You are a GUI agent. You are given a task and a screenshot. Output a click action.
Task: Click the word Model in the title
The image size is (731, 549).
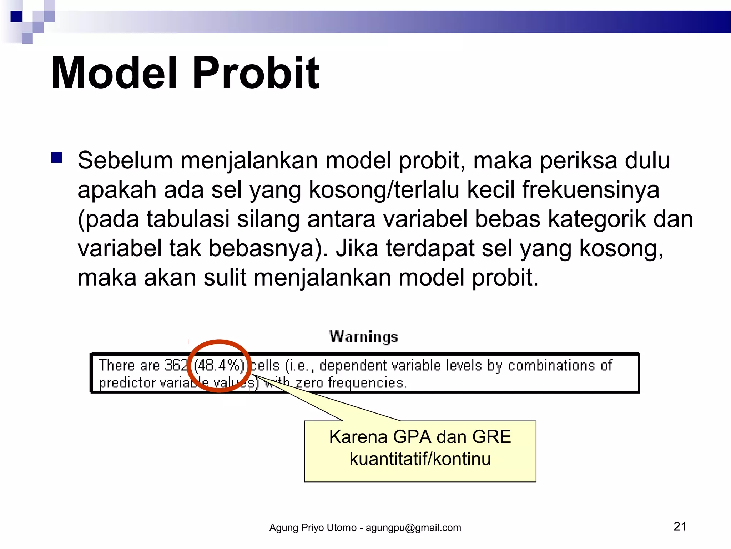click(114, 73)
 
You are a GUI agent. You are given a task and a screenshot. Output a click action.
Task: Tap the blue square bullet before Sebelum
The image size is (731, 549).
click(57, 158)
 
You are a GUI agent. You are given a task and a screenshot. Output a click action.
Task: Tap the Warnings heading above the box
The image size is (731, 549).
click(363, 337)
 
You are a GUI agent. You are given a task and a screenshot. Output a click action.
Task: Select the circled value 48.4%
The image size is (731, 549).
click(219, 365)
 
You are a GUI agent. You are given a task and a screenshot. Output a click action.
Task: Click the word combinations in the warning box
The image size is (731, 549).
click(551, 365)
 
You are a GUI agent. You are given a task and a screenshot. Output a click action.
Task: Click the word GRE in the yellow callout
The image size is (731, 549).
click(491, 437)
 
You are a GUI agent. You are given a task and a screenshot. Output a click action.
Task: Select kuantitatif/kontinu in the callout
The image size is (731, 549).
click(420, 459)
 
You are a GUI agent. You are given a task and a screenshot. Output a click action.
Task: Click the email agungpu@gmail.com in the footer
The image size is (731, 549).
click(413, 528)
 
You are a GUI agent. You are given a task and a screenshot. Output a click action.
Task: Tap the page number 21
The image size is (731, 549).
click(680, 526)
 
